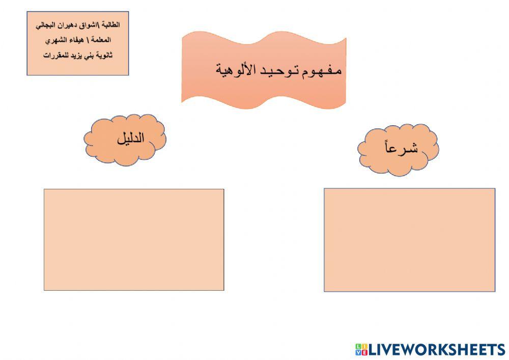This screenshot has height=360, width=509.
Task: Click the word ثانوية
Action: [102, 55]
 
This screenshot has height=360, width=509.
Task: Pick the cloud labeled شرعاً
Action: [399, 148]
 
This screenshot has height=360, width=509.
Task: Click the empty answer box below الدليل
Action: [134, 239]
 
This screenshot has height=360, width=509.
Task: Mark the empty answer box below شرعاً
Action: [409, 239]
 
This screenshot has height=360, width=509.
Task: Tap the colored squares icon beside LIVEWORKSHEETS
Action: [361, 349]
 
